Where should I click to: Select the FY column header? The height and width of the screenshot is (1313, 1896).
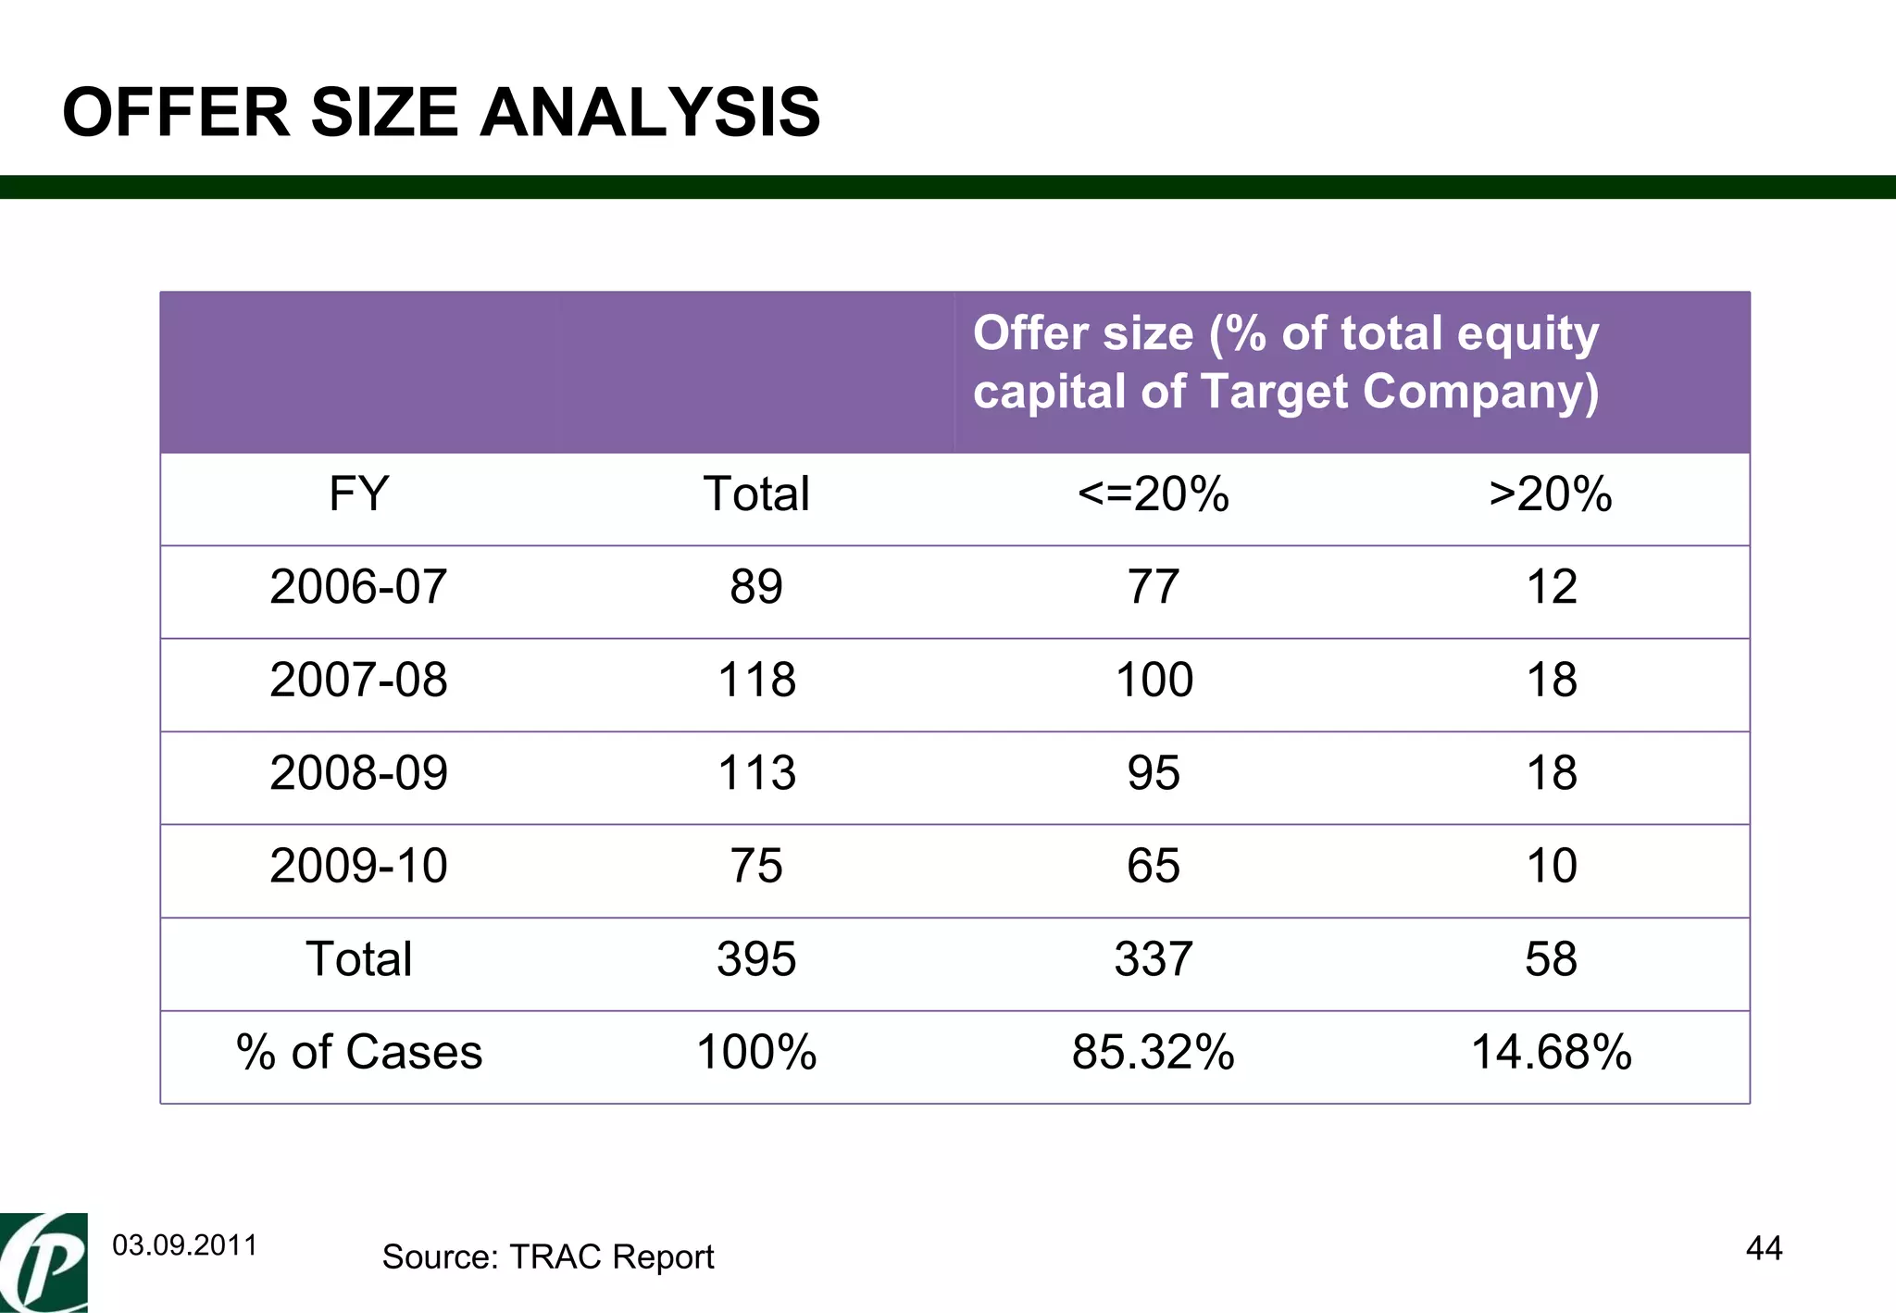click(358, 494)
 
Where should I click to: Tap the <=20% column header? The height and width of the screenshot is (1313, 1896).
click(1154, 494)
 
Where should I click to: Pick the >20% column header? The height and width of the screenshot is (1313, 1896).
click(1551, 494)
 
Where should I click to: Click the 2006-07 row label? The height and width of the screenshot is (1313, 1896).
click(358, 587)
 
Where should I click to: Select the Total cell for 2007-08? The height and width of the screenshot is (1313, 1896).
click(756, 680)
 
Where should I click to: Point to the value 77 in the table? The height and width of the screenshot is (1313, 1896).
click(1154, 587)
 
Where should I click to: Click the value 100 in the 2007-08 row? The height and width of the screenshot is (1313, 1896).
click(1154, 680)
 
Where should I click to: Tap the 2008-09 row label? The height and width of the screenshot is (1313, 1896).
click(358, 773)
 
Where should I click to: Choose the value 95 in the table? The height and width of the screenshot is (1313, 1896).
click(1154, 773)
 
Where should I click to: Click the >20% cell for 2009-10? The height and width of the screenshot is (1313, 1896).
click(1551, 867)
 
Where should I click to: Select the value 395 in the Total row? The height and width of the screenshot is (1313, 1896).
click(756, 959)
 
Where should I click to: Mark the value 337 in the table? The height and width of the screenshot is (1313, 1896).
click(1154, 959)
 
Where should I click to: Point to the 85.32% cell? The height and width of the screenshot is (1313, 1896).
click(1154, 1053)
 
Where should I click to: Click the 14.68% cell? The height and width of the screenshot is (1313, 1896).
click(1551, 1053)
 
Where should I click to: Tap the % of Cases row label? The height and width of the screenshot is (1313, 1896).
click(358, 1053)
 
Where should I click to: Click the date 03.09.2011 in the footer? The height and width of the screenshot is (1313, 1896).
click(184, 1245)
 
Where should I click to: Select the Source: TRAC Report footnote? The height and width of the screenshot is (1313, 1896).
click(547, 1257)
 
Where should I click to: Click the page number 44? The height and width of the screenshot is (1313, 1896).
click(1764, 1248)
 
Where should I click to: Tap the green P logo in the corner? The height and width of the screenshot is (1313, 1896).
click(44, 1263)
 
